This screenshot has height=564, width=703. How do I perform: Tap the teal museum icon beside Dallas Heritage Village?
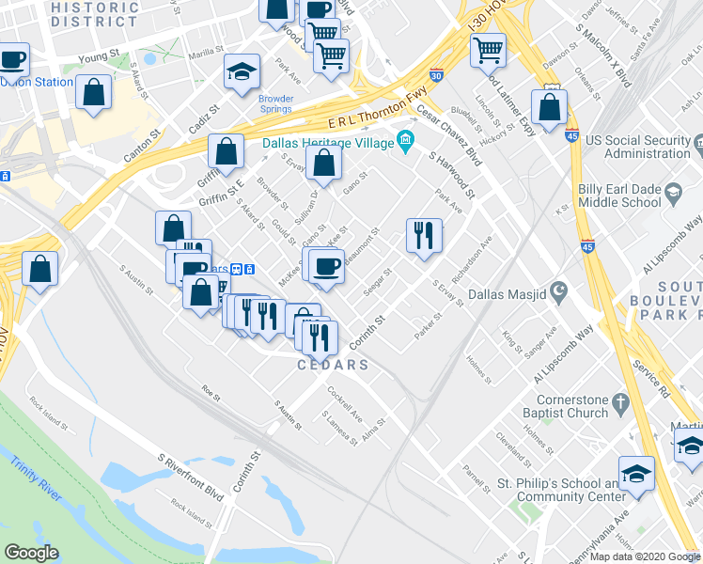406,142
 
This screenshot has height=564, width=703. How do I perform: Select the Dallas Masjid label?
511,292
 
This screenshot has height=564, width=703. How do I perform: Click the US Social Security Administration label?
638,147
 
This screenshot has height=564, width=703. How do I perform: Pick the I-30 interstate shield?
436,73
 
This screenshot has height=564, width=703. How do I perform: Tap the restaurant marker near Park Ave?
424,234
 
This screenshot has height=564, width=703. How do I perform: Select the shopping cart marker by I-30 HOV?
489,50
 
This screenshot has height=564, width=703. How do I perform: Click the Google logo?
31,552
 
